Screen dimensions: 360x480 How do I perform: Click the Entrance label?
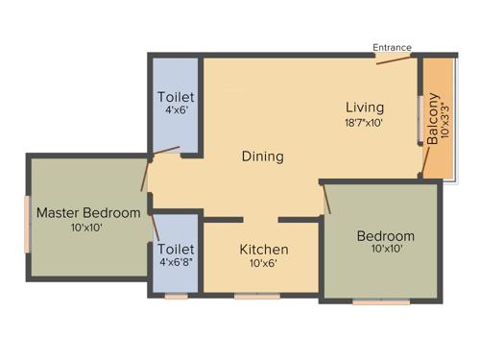pos(393,47)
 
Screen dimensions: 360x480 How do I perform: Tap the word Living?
pos(365,107)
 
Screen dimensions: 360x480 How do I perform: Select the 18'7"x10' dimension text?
pos(365,123)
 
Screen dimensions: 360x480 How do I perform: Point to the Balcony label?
pos(433,118)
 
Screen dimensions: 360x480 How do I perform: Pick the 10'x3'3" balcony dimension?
pos(444,118)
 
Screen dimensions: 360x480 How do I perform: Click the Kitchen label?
pos(264,250)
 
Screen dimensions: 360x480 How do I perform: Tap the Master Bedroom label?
pos(88,212)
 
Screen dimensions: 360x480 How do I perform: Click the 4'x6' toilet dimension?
pos(176,111)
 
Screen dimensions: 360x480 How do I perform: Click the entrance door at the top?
pos(395,59)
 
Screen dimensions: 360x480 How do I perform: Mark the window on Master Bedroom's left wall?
pos(28,223)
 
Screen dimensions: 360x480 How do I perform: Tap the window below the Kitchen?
pos(257,297)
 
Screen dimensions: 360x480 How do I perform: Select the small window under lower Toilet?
pos(176,297)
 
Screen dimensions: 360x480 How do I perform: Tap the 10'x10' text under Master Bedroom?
pos(87,228)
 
